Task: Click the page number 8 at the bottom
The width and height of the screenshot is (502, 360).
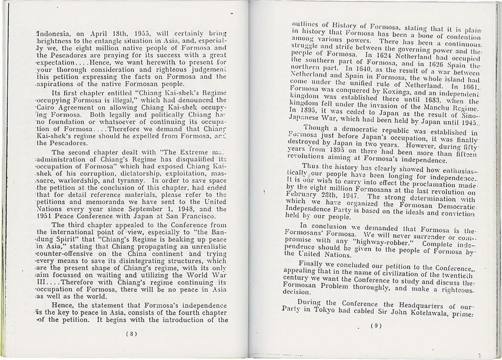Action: pos(131,334)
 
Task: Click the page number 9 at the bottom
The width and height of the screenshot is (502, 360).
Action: pos(376,326)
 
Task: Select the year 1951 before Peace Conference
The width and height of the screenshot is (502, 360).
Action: pos(45,216)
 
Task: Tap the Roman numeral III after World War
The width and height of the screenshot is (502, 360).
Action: pos(45,282)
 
